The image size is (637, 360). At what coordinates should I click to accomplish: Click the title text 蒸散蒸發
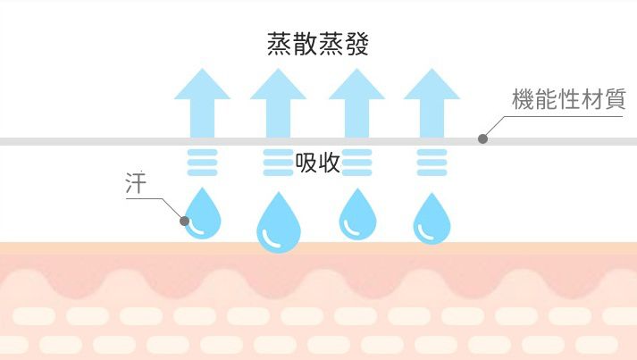318,44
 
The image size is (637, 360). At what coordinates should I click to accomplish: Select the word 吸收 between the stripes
317,163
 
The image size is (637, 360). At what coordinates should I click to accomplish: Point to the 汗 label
134,186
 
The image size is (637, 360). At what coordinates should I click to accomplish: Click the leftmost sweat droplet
203,214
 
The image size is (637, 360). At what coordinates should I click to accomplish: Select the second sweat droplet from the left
279,226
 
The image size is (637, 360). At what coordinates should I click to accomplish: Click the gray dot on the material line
483,138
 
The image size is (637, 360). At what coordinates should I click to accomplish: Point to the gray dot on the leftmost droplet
185,220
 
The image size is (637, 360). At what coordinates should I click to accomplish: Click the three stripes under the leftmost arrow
202,163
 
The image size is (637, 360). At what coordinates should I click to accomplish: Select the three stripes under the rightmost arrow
432,163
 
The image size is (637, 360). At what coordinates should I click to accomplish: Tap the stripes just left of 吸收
279,163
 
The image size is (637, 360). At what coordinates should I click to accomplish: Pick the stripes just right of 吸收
357,163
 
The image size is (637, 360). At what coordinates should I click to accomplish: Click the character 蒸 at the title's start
280,44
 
